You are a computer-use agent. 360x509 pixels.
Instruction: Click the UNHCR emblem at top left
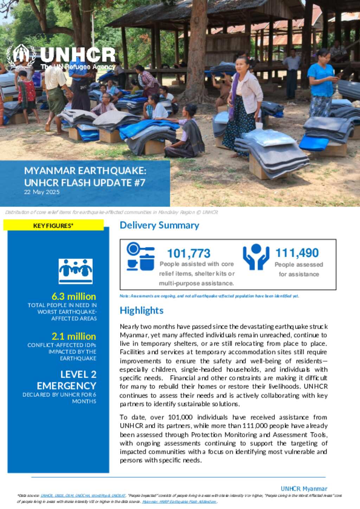[21, 56]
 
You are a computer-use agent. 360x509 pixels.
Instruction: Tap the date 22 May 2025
[42, 192]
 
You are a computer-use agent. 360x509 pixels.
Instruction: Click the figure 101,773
[189, 253]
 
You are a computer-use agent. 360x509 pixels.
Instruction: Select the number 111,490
[297, 253]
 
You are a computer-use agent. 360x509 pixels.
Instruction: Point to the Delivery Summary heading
[159, 225]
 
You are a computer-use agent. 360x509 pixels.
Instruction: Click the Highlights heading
[141, 311]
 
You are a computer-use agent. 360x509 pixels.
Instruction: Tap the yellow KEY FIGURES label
[53, 226]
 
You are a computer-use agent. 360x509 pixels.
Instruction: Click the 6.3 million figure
[74, 296]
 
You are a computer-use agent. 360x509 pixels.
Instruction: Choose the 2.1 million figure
[74, 336]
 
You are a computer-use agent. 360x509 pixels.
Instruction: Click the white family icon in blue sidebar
[76, 271]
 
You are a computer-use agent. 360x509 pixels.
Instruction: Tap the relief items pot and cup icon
[141, 257]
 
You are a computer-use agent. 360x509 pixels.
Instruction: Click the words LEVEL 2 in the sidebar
[78, 374]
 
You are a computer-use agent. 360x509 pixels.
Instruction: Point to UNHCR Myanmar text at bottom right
[304, 489]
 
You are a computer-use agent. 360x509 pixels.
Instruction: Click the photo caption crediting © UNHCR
[112, 212]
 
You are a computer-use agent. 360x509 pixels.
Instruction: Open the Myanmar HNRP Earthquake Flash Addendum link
[179, 502]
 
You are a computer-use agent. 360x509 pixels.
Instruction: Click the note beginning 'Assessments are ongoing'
[209, 296]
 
